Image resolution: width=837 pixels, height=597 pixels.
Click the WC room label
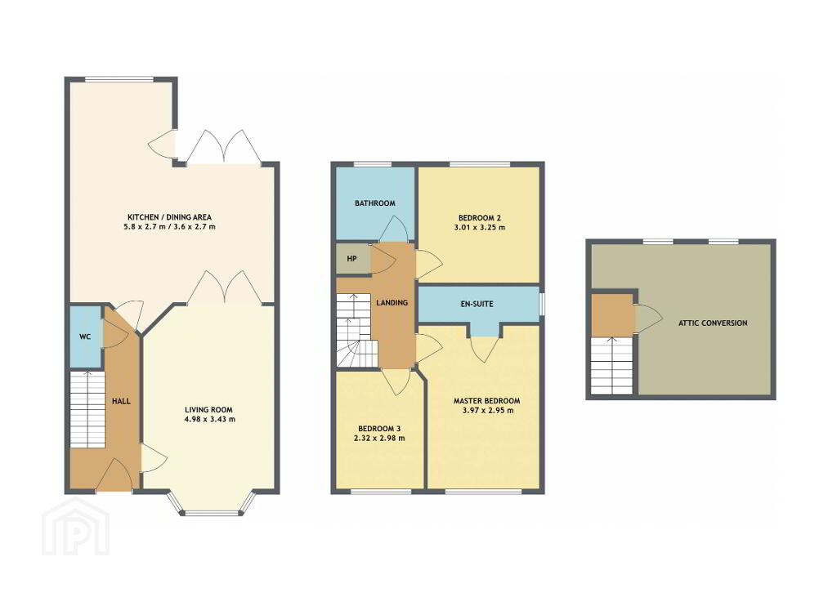click(85, 337)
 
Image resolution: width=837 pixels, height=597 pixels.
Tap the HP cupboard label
click(351, 259)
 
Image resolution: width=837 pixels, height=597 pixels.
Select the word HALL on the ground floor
click(121, 401)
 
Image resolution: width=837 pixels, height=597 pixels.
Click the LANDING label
click(392, 302)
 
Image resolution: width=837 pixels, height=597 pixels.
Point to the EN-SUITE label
click(477, 304)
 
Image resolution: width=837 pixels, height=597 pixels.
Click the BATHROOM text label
click(375, 203)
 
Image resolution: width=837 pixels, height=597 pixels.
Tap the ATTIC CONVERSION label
click(713, 323)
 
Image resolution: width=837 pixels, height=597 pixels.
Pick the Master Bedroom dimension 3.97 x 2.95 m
click(487, 411)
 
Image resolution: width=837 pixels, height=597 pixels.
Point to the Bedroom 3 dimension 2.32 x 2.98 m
click(379, 439)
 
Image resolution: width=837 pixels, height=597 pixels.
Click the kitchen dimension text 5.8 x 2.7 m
click(145, 227)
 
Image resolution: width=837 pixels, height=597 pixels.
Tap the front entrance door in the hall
click(114, 476)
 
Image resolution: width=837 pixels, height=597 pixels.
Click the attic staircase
click(611, 366)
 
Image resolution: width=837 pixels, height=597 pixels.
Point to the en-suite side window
click(542, 304)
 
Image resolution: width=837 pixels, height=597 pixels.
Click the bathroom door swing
click(395, 229)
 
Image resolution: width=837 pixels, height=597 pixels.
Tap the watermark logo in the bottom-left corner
click(76, 527)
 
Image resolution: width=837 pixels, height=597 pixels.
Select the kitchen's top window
click(121, 80)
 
